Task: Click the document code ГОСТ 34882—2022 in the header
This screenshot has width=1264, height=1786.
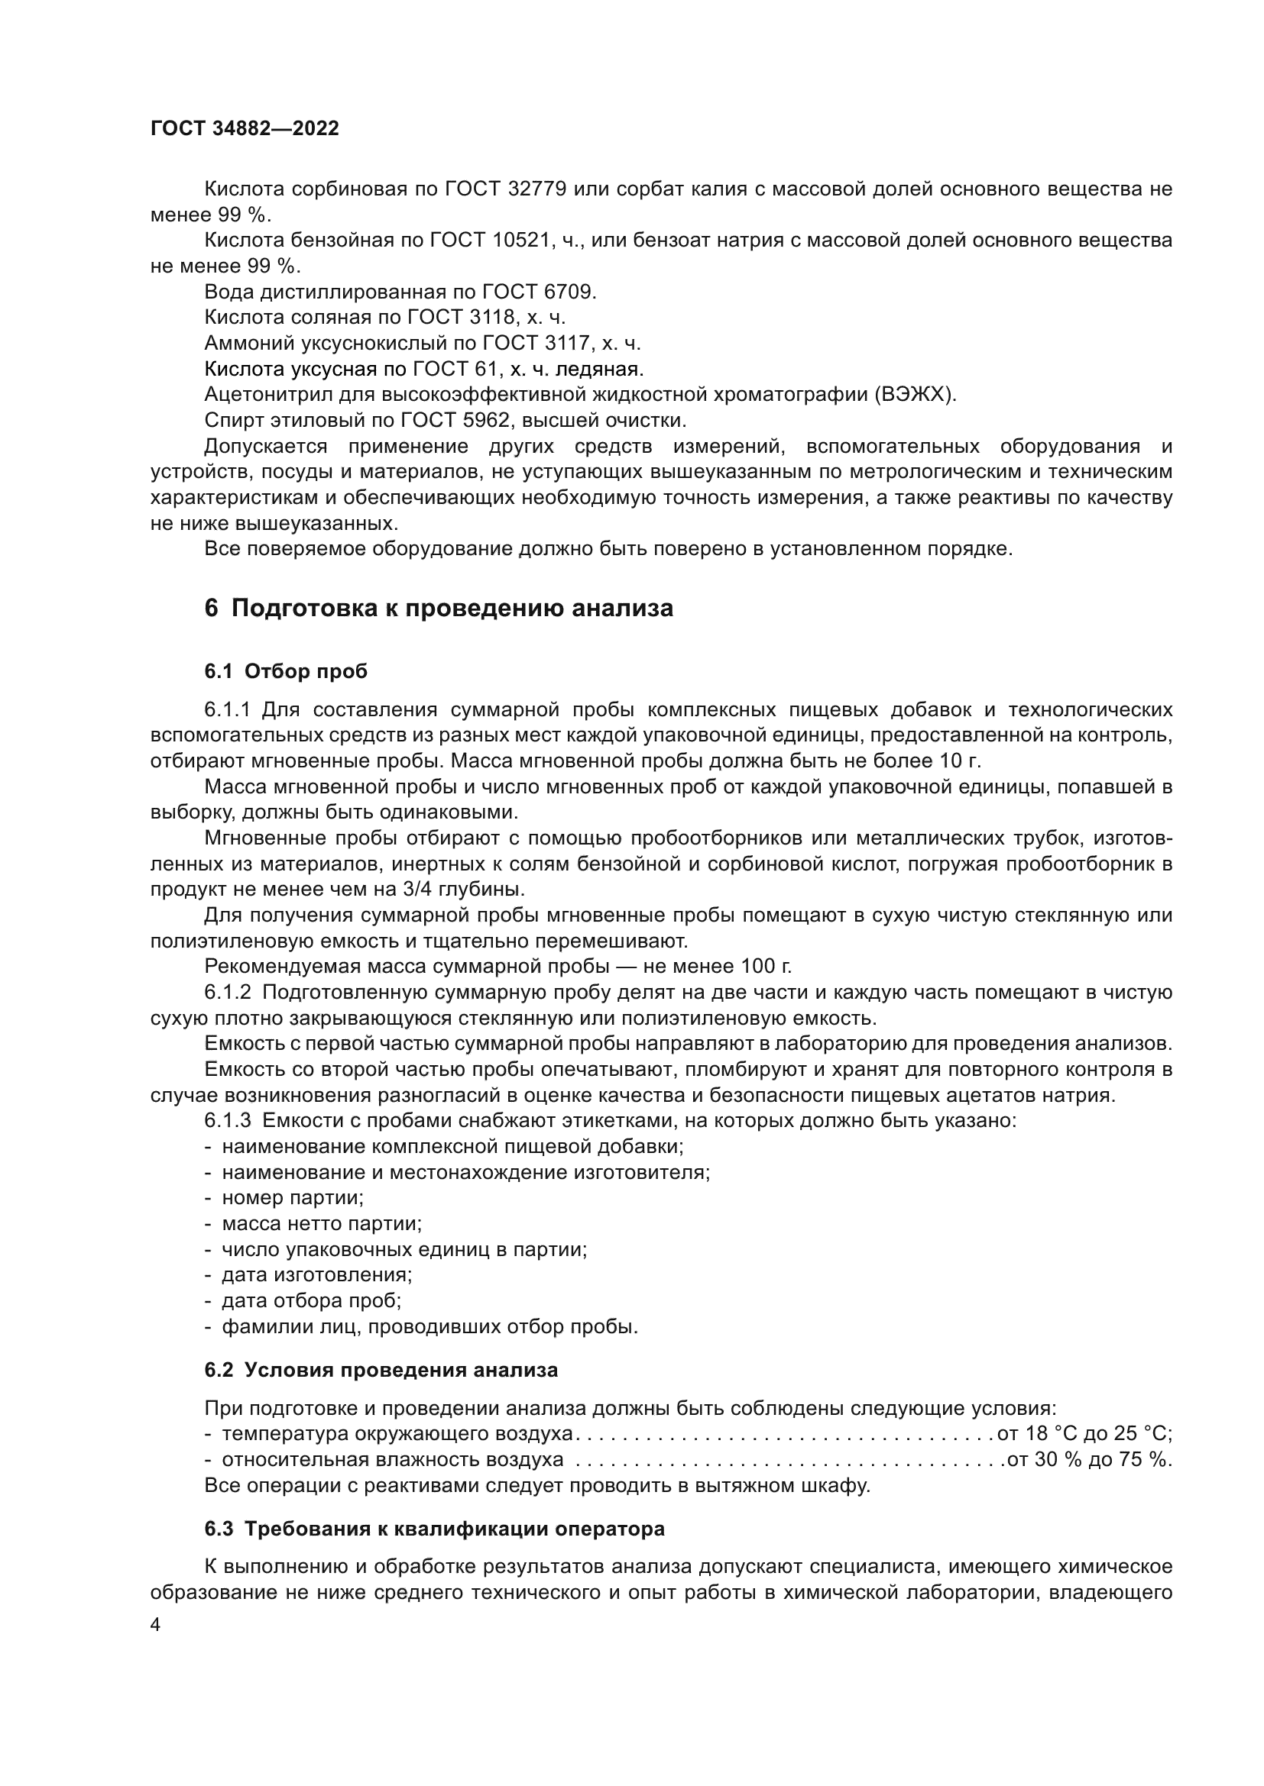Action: [x=245, y=128]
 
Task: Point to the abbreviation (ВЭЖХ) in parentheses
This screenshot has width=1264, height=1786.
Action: [x=916, y=394]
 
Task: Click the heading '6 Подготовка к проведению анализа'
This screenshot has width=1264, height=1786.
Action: [x=439, y=608]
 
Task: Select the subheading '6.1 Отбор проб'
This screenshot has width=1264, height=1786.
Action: [x=286, y=671]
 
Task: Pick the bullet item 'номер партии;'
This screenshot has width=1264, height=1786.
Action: [x=293, y=1198]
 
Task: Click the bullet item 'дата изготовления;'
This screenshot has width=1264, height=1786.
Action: [x=317, y=1275]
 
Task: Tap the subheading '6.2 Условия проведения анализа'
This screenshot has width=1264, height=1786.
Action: [x=381, y=1370]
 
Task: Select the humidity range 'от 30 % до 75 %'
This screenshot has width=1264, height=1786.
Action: [x=1088, y=1460]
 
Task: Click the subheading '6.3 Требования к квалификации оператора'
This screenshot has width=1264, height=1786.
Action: [x=434, y=1529]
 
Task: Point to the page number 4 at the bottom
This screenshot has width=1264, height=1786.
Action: [x=156, y=1625]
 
